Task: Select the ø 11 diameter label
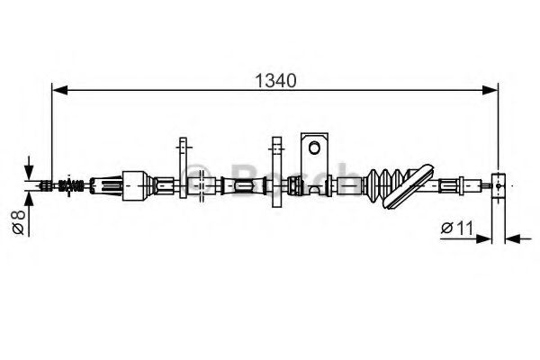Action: [458, 228]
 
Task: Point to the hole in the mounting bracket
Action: [313, 145]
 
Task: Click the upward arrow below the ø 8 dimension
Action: [30, 200]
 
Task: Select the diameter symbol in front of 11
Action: [446, 228]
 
